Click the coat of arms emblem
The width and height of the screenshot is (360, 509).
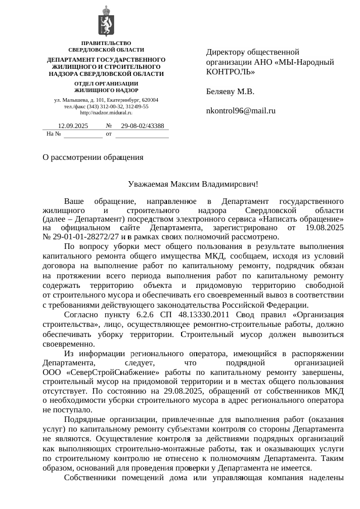(x=106, y=21)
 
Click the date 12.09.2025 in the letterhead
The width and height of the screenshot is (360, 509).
(x=73, y=126)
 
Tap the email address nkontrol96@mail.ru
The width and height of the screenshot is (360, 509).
(x=241, y=110)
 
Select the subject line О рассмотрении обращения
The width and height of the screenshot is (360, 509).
(x=93, y=157)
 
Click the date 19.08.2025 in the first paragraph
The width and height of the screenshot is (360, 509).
(x=326, y=228)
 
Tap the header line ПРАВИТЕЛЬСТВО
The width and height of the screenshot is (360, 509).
(x=106, y=44)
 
